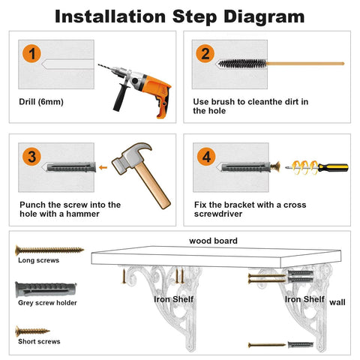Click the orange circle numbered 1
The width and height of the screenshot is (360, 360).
click(x=31, y=54)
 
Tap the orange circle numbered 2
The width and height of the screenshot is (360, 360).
click(x=205, y=53)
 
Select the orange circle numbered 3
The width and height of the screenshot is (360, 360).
click(x=31, y=157)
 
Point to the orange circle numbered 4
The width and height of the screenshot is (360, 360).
click(x=206, y=157)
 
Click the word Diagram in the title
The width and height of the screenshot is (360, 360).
click(x=264, y=16)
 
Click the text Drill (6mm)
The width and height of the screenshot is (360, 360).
click(x=41, y=102)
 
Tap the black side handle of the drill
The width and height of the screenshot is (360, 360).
click(x=121, y=97)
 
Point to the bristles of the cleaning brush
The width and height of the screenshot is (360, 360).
click(x=242, y=64)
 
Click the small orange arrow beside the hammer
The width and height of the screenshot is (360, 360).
click(x=103, y=167)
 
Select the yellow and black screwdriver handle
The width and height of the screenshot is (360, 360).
click(x=333, y=167)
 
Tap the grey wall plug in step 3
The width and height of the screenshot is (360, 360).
click(x=71, y=167)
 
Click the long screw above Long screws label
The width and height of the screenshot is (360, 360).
click(x=49, y=250)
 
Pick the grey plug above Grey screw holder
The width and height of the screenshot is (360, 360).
click(x=46, y=289)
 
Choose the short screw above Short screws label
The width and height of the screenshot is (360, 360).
click(x=32, y=331)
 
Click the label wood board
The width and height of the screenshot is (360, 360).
click(x=213, y=241)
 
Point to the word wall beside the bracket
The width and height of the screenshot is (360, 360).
click(x=337, y=302)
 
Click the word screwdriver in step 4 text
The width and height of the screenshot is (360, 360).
click(x=218, y=214)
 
